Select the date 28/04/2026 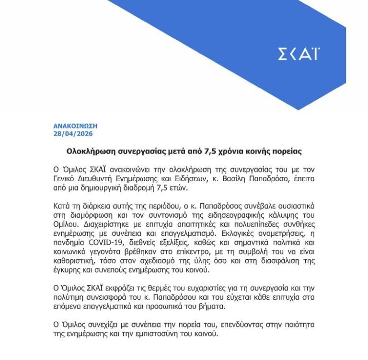tap(73, 133)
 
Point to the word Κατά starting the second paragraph tap(62, 206)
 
